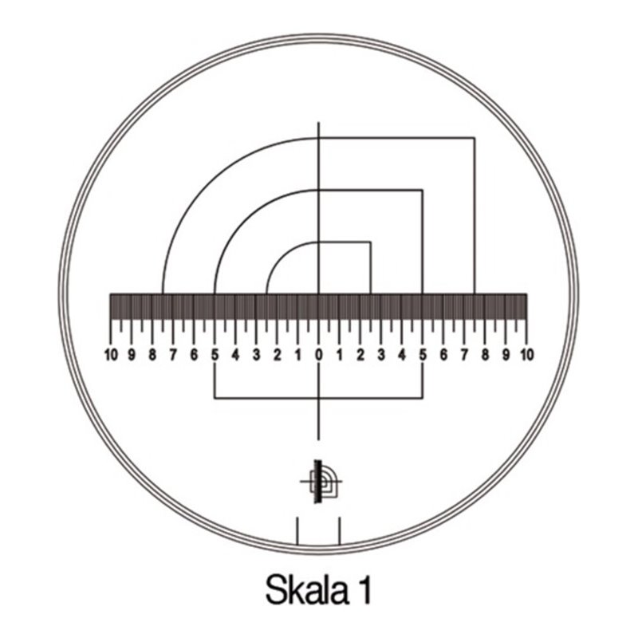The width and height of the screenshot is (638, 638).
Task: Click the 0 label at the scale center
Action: (318, 353)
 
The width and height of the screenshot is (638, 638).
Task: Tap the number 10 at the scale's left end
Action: (111, 353)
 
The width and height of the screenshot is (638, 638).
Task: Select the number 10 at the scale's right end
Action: (526, 353)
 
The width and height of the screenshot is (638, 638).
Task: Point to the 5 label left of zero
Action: (215, 353)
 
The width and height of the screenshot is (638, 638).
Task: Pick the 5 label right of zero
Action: (423, 353)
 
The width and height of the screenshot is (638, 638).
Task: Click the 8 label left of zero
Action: (152, 353)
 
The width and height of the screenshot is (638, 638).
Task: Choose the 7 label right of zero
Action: (464, 353)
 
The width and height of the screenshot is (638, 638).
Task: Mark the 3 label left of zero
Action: (256, 353)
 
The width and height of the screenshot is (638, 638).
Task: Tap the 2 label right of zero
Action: (360, 353)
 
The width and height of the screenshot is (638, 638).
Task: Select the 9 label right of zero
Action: (506, 353)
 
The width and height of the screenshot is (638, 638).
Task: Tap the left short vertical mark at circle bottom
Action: (297, 531)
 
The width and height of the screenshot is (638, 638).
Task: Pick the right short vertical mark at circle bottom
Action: (341, 531)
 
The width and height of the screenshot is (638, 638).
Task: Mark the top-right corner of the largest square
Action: (475, 138)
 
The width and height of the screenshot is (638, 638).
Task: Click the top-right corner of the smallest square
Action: (370, 242)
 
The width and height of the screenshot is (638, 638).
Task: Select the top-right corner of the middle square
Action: (423, 190)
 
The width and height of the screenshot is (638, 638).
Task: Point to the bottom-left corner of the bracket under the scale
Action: (215, 397)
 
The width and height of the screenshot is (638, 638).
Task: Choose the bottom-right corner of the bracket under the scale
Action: (423, 397)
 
